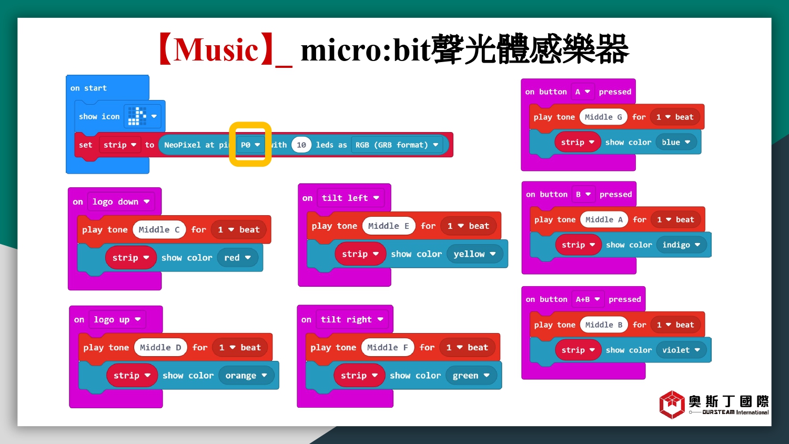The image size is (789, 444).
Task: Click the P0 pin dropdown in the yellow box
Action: (x=250, y=145)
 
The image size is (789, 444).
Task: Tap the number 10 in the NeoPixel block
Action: (x=301, y=145)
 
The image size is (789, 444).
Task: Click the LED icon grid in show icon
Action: (x=137, y=116)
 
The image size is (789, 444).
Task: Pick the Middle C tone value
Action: (x=159, y=230)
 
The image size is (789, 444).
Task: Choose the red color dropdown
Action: (x=237, y=258)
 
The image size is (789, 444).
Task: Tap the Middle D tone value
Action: (x=160, y=347)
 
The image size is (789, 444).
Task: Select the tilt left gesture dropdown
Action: (x=350, y=198)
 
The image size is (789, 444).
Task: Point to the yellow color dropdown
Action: (x=474, y=254)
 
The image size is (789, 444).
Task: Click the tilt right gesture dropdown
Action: (x=352, y=320)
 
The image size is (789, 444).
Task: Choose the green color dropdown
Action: (x=471, y=375)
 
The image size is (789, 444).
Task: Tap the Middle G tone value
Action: (x=603, y=117)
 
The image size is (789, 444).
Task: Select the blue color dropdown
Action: (x=676, y=143)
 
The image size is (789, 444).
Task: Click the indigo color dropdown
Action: (x=681, y=245)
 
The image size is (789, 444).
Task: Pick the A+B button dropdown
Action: (x=588, y=299)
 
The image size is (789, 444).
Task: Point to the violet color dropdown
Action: (x=681, y=350)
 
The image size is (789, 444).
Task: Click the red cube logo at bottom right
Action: (x=672, y=405)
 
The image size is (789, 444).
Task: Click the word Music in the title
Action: (x=216, y=50)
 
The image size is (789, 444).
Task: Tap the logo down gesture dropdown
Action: (x=121, y=202)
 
